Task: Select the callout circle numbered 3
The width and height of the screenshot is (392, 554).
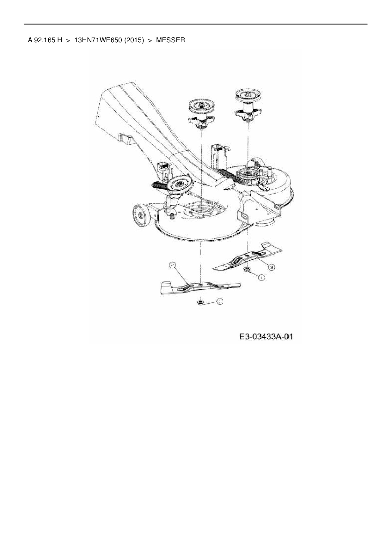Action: pyautogui.click(x=271, y=267)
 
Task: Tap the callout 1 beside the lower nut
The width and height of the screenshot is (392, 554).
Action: pyautogui.click(x=219, y=302)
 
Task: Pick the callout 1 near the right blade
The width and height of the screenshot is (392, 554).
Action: pyautogui.click(x=261, y=277)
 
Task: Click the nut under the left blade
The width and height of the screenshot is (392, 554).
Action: pyautogui.click(x=200, y=303)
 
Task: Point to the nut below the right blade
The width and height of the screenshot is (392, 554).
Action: pyautogui.click(x=247, y=270)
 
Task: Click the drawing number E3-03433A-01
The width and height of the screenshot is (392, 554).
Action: pyautogui.click(x=266, y=337)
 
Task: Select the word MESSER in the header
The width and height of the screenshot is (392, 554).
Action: pyautogui.click(x=170, y=40)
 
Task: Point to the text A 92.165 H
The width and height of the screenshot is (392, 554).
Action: pyautogui.click(x=45, y=40)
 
